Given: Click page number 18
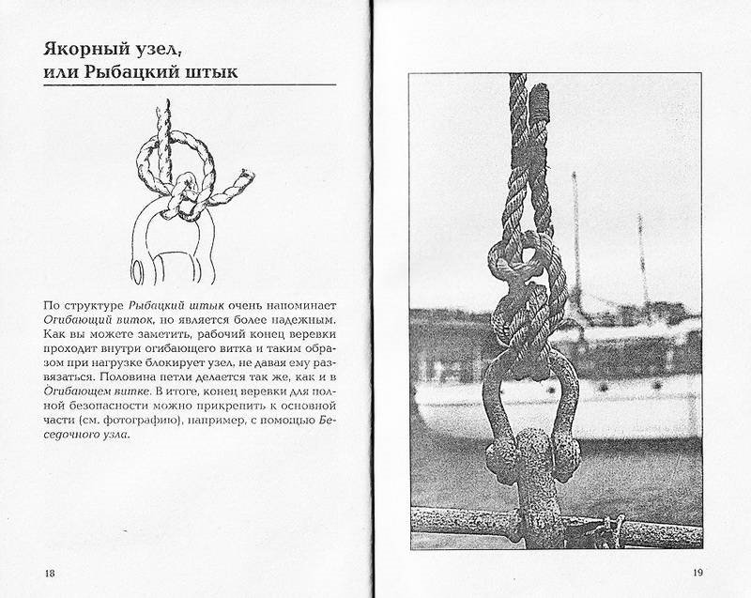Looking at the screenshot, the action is (x=50, y=573).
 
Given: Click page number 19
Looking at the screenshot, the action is (x=697, y=572).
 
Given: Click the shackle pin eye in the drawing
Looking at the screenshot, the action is (x=138, y=272).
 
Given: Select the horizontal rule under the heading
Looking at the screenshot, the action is (x=190, y=85).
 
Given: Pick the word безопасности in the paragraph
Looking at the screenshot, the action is (x=98, y=406).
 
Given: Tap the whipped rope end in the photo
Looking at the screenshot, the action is (x=538, y=102).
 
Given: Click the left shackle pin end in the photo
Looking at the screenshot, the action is (x=501, y=457).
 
